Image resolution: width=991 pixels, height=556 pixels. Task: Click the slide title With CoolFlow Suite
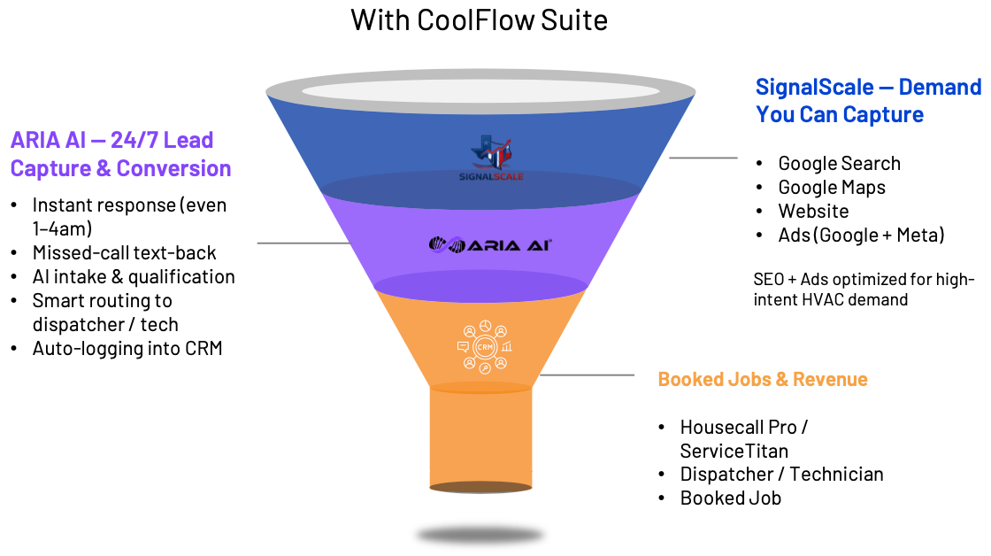(480, 19)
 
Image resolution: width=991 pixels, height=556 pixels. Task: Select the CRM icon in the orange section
(485, 347)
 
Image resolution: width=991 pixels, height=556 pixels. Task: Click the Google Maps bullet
(831, 187)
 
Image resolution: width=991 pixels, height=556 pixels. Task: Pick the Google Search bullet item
(839, 163)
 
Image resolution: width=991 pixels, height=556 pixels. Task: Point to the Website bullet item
(813, 211)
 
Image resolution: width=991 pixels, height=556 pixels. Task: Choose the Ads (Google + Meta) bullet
(861, 235)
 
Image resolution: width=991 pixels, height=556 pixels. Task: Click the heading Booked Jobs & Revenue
(763, 380)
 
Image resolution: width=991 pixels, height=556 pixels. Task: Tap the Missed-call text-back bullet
(124, 252)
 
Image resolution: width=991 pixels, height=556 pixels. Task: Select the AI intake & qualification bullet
(134, 276)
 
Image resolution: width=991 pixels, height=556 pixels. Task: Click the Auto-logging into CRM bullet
(127, 348)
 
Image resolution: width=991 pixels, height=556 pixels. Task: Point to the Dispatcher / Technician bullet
(781, 474)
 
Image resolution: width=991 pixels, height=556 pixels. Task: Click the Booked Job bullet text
(730, 498)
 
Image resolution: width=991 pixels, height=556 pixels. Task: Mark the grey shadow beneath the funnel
(480, 535)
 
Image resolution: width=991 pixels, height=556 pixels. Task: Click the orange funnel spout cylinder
(480, 438)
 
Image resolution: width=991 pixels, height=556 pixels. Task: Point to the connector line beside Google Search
(703, 158)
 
